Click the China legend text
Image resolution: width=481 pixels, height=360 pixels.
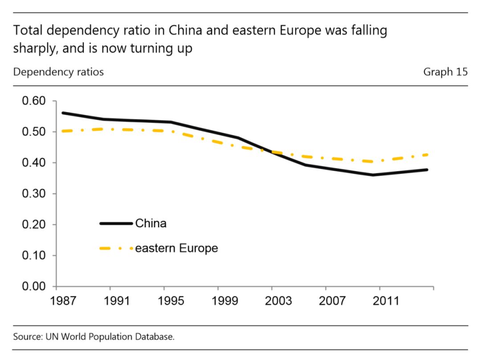(x=151, y=223)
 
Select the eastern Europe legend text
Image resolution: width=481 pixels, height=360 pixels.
(x=176, y=248)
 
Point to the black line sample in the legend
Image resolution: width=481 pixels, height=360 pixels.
(x=116, y=223)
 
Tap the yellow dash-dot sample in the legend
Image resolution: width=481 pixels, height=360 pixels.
(x=116, y=249)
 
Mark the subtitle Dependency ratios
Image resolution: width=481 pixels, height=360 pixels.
(x=58, y=72)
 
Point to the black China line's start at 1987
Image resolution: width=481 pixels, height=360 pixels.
(x=63, y=113)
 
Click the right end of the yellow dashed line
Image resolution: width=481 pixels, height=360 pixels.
(x=428, y=155)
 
